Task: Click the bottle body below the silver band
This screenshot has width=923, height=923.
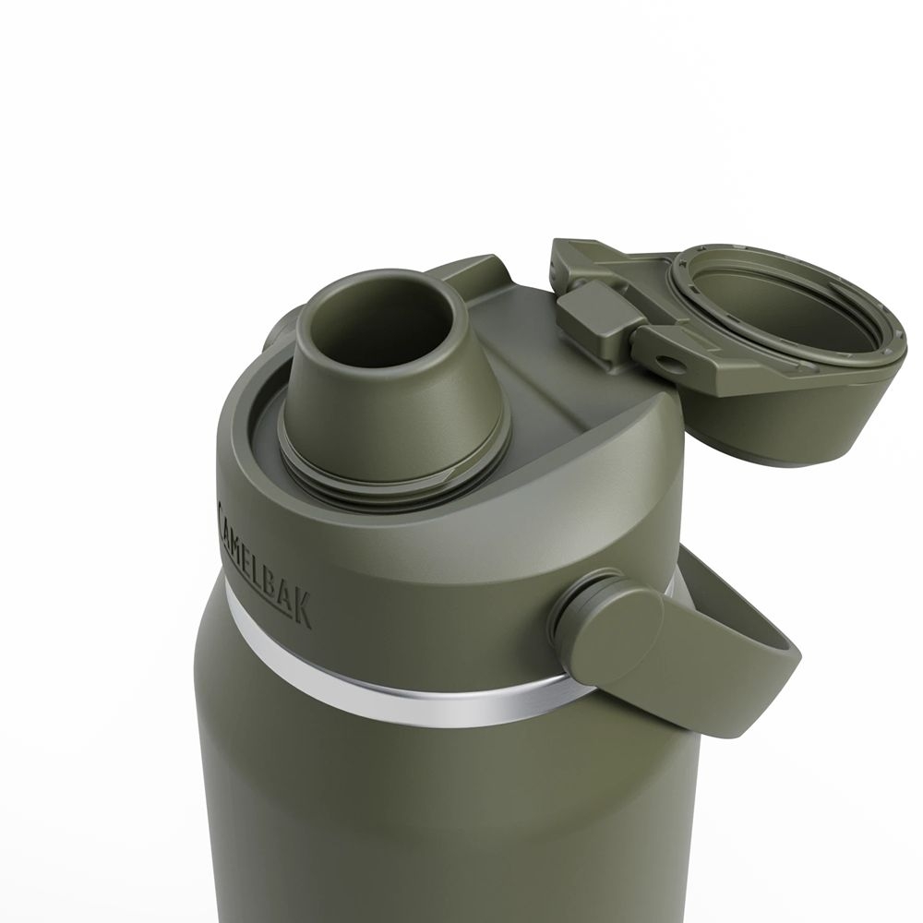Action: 415,812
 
